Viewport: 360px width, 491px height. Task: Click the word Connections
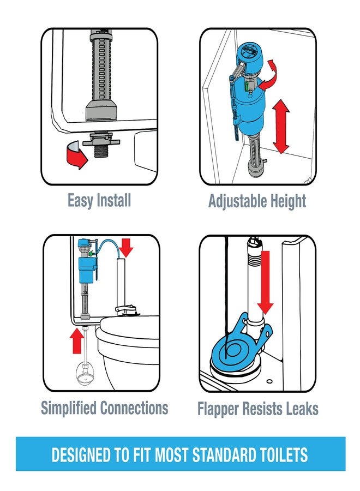coord(135,408)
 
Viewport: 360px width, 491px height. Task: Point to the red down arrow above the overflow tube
coord(126,249)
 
